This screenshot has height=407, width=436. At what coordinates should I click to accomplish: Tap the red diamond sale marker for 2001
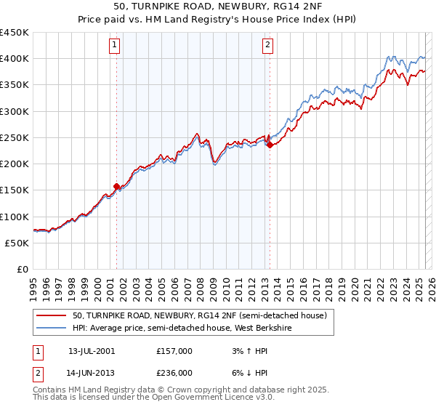(x=116, y=186)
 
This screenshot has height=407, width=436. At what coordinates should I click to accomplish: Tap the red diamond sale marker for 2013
(x=270, y=145)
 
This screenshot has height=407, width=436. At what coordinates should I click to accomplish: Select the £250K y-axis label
(x=15, y=137)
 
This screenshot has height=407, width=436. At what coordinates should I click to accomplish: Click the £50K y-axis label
(x=17, y=243)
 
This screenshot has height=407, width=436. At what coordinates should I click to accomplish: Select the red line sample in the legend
(x=52, y=315)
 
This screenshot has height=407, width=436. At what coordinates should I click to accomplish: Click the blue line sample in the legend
(x=52, y=328)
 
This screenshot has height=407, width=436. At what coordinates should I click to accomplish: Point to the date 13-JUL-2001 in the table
(x=92, y=350)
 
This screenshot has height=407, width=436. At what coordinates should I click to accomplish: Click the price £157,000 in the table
(x=174, y=350)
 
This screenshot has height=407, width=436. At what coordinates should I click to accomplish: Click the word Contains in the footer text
(x=50, y=390)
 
